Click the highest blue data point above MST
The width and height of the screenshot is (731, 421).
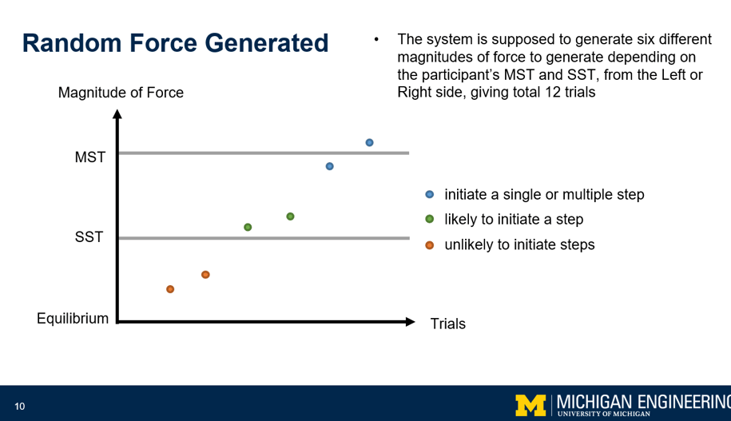pyautogui.click(x=369, y=143)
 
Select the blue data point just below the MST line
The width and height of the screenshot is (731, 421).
pyautogui.click(x=330, y=166)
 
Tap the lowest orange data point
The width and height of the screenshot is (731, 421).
pyautogui.click(x=170, y=289)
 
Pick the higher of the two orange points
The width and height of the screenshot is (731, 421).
pyautogui.click(x=205, y=275)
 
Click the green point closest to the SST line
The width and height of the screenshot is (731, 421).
pyautogui.click(x=248, y=227)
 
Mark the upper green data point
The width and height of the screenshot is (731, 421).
pyautogui.click(x=290, y=216)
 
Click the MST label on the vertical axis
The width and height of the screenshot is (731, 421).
pyautogui.click(x=90, y=157)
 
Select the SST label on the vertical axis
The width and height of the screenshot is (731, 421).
pyautogui.click(x=89, y=236)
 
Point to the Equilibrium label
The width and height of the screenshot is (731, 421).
pyautogui.click(x=73, y=319)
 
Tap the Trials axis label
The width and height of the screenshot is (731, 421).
pyautogui.click(x=447, y=324)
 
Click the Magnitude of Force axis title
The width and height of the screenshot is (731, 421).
pyautogui.click(x=121, y=93)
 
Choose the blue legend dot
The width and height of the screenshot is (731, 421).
pyautogui.click(x=429, y=194)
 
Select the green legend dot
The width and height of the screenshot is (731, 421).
pyautogui.click(x=429, y=219)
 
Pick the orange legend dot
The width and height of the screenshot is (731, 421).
pyautogui.click(x=429, y=244)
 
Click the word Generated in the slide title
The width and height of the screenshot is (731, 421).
pyautogui.click(x=267, y=43)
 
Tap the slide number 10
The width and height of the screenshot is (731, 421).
pyautogui.click(x=20, y=407)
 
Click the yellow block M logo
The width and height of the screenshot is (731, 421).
pyautogui.click(x=530, y=405)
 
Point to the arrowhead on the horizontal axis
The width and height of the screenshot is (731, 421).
pyautogui.click(x=411, y=322)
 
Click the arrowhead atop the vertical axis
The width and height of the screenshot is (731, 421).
pyautogui.click(x=117, y=114)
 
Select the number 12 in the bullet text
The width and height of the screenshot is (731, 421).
pyautogui.click(x=553, y=92)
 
